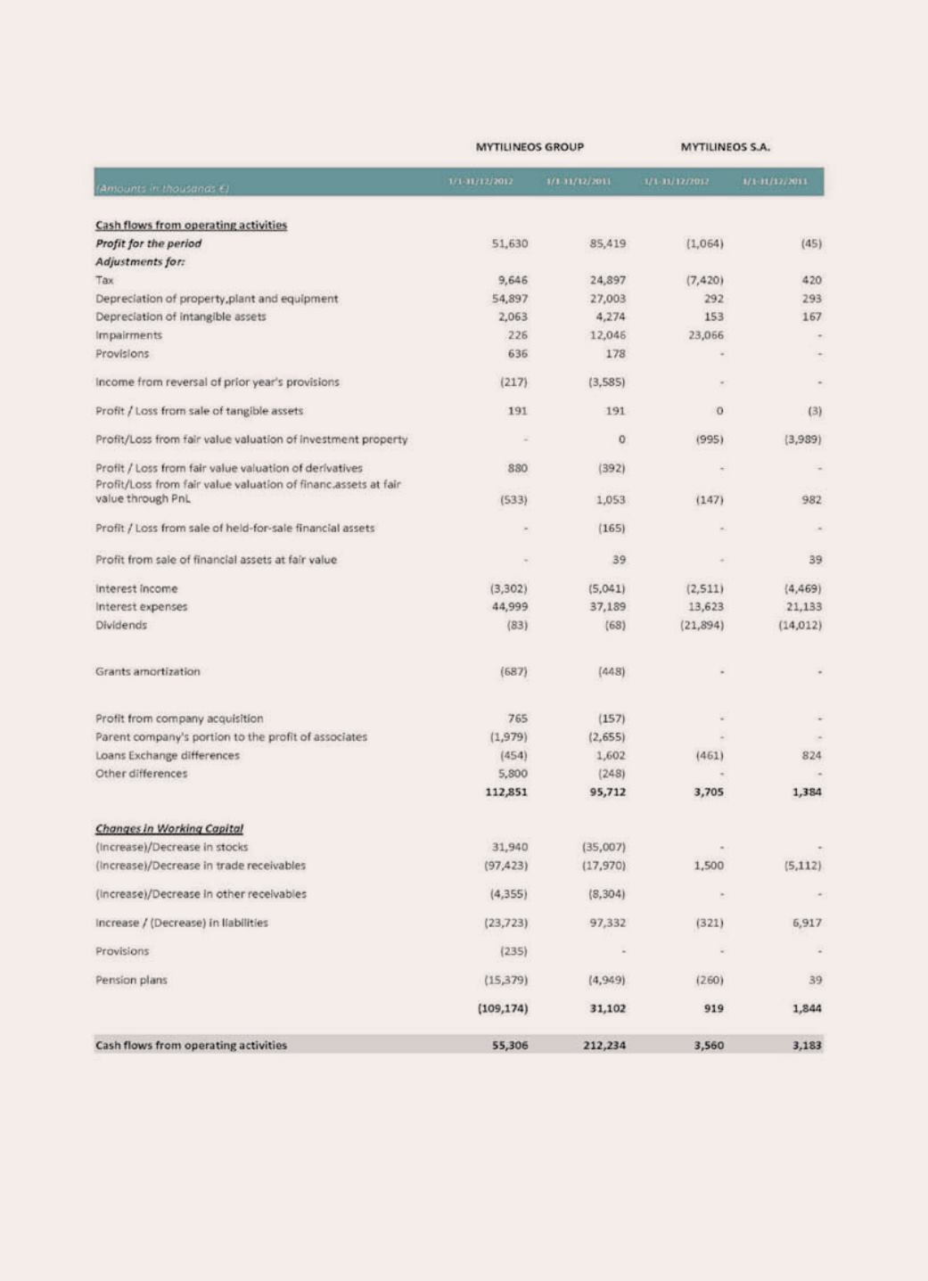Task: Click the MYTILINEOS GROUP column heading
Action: pyautogui.click(x=529, y=147)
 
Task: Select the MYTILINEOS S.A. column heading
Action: pyautogui.click(x=725, y=147)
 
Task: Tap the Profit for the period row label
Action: pyautogui.click(x=149, y=243)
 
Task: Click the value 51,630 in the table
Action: pyautogui.click(x=510, y=243)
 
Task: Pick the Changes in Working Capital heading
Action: pyautogui.click(x=169, y=828)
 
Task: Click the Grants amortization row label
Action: pyautogui.click(x=148, y=671)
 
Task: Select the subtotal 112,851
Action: pyautogui.click(x=506, y=792)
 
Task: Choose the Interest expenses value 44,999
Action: pyautogui.click(x=510, y=607)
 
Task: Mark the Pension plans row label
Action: pyautogui.click(x=131, y=980)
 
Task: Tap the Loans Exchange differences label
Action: pyautogui.click(x=168, y=755)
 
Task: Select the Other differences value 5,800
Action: pyautogui.click(x=513, y=774)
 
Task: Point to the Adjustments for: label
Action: pyautogui.click(x=135, y=262)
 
